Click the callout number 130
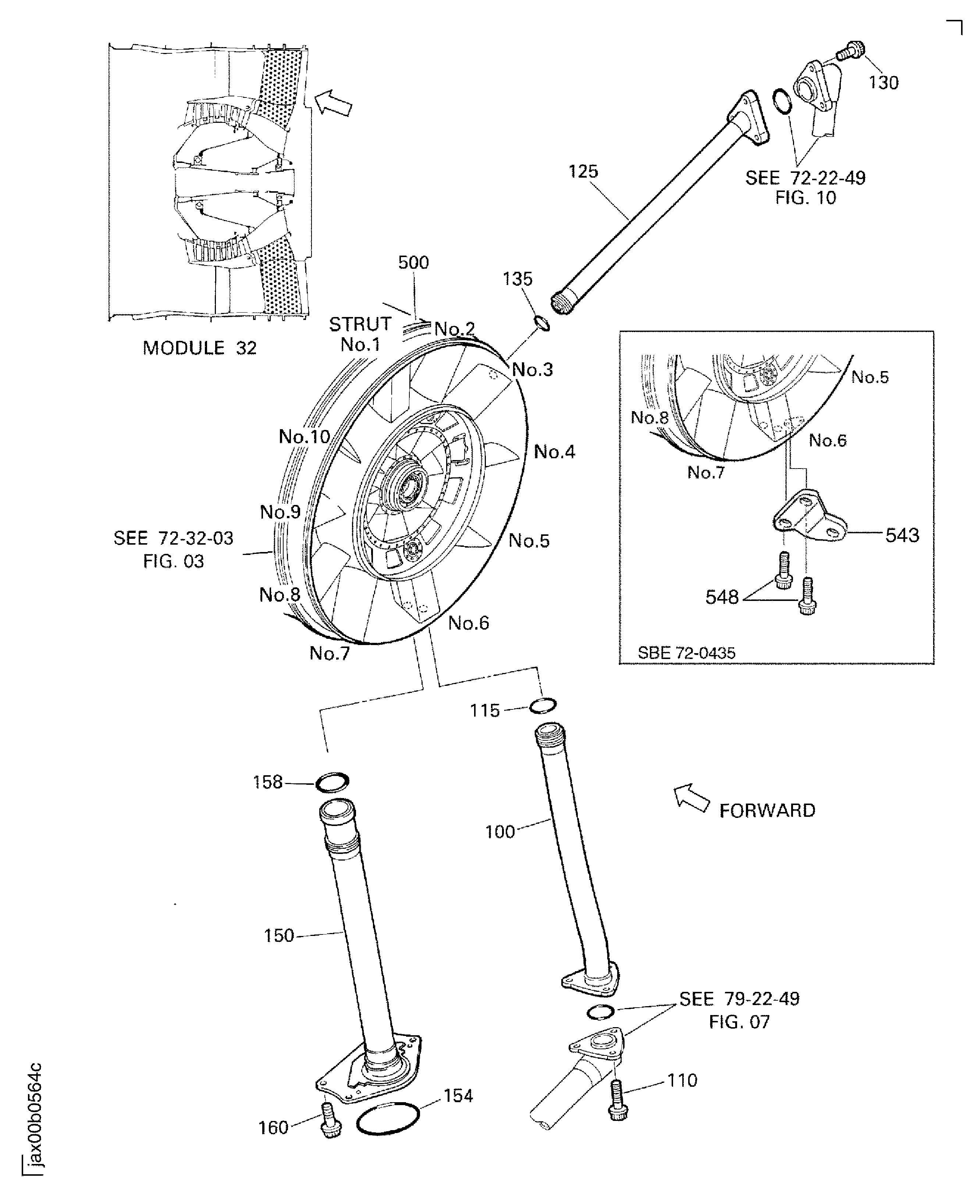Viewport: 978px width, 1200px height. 883,83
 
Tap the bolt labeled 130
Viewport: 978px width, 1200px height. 850,51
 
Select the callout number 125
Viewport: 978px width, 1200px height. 583,171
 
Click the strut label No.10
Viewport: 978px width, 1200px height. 304,436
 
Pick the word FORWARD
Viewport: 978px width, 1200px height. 767,811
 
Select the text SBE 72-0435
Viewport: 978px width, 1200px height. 686,653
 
